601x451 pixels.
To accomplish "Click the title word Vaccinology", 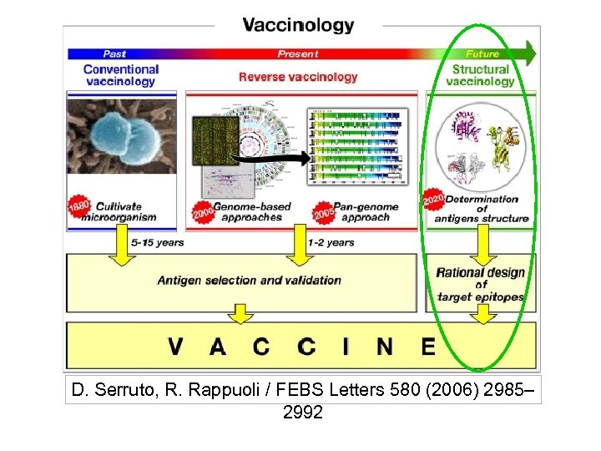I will click(x=298, y=25).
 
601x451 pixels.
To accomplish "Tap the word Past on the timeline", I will click(x=114, y=53).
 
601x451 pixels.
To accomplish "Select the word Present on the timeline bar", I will click(x=297, y=53).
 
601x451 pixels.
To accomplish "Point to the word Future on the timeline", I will click(x=482, y=53).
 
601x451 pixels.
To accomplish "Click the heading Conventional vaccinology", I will click(x=120, y=75).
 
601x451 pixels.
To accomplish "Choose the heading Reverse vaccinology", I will click(x=297, y=77).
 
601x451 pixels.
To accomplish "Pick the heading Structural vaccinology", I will click(x=480, y=75).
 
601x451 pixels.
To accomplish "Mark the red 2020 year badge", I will click(x=433, y=201).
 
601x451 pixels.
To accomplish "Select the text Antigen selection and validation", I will click(x=249, y=280).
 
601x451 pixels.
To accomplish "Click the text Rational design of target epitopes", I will click(x=480, y=284).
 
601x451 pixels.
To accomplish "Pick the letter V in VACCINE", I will click(x=175, y=345).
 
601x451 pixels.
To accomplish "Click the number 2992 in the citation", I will click(x=302, y=412).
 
